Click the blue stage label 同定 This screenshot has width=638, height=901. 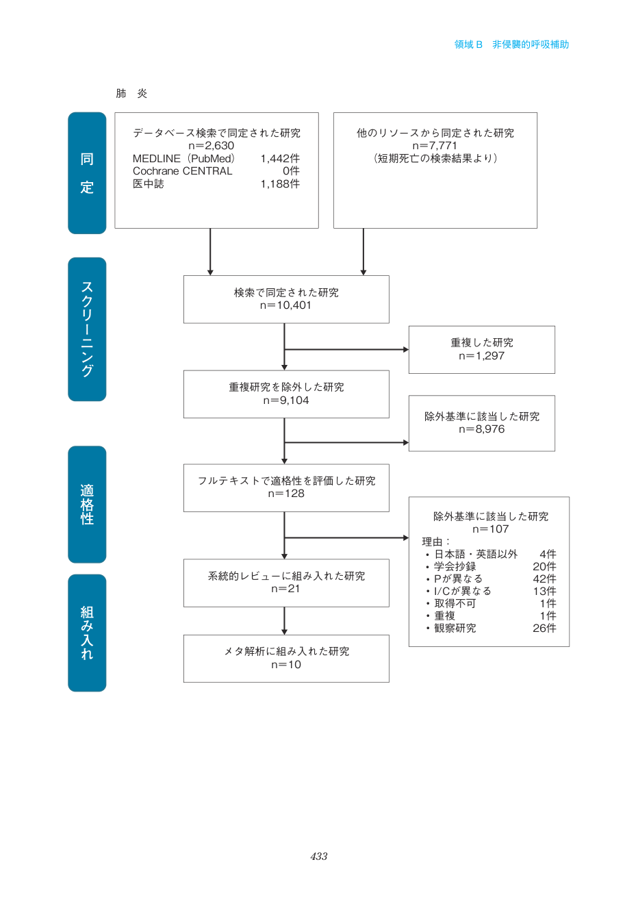[x=87, y=173]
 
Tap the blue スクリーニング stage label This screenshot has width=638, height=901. [x=87, y=329]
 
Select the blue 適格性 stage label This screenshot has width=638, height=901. [x=87, y=505]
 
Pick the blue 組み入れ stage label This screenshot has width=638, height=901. [x=87, y=633]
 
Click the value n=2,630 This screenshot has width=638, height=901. [x=212, y=146]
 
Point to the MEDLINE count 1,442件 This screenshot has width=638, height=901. [x=280, y=158]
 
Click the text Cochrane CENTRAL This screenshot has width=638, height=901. [x=182, y=171]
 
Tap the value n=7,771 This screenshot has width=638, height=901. [x=435, y=146]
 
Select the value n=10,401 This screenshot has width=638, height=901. [x=285, y=305]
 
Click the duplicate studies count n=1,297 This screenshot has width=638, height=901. [x=481, y=356]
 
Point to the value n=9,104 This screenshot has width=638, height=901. [x=286, y=401]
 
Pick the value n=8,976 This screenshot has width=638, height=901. [x=481, y=429]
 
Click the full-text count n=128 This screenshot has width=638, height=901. [x=286, y=494]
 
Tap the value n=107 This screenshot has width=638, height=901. [x=490, y=529]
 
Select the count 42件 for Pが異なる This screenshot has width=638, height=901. [x=544, y=579]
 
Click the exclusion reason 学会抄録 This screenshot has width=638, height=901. [x=455, y=566]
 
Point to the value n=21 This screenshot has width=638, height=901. [x=285, y=589]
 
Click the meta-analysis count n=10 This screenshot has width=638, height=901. [x=286, y=665]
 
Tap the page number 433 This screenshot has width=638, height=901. [x=319, y=856]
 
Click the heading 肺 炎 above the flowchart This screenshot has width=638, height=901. [x=131, y=93]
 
